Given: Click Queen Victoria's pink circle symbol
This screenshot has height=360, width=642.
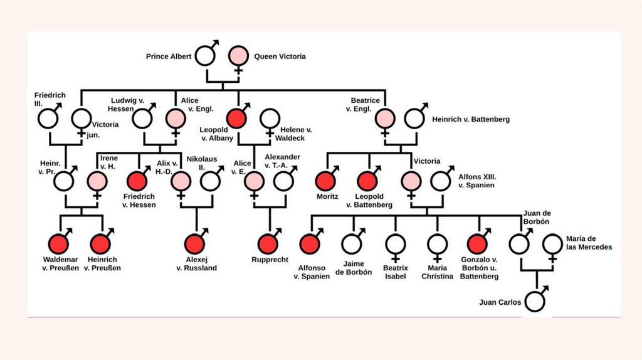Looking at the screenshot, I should coord(238,56).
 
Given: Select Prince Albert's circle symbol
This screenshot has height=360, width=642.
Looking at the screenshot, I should coord(204,56).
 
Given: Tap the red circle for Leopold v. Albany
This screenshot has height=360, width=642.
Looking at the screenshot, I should coord(237,118).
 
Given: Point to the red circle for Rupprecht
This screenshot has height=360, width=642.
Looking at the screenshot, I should coord(269,244).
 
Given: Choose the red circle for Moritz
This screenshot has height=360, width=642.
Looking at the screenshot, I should coord(327,181).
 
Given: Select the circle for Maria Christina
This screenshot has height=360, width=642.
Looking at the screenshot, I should coord(437,244).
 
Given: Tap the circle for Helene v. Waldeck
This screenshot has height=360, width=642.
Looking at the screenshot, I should coord(270,118).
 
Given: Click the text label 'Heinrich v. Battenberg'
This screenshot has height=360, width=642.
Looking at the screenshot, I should coord(471,119).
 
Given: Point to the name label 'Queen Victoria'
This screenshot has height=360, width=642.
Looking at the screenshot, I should coord(280,56).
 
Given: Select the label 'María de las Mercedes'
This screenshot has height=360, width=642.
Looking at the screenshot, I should coord(589,243).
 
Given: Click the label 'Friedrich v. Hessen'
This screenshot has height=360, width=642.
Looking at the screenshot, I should coord(139,200).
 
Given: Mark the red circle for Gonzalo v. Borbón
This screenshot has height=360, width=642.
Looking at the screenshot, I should coord(477,244).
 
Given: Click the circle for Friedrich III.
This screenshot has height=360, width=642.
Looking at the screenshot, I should coord(48,118).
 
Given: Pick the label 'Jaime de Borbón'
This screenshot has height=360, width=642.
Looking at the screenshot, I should coord(354,268).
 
